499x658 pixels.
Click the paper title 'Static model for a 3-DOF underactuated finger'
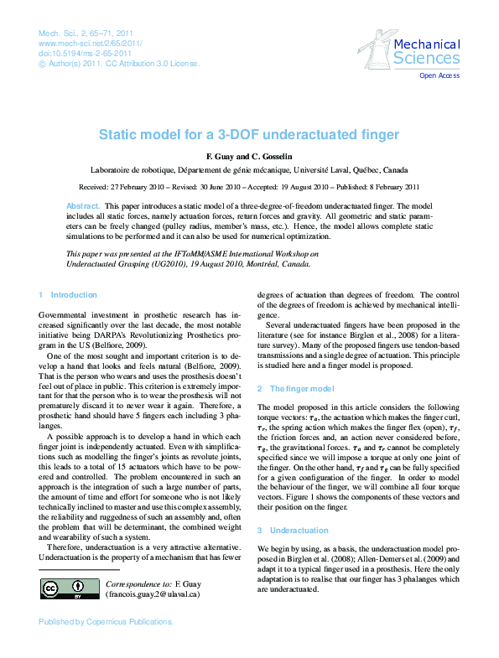tap(249, 133)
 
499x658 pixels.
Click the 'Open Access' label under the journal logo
tap(439, 75)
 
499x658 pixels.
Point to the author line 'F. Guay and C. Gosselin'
tap(249, 157)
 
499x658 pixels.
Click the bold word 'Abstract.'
tap(83, 205)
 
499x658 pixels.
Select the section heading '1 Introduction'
tap(68, 295)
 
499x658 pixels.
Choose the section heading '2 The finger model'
tap(295, 389)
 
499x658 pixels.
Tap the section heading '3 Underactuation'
tap(293, 530)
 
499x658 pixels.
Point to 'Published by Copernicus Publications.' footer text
tap(107, 622)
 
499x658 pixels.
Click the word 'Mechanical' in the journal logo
tap(426, 44)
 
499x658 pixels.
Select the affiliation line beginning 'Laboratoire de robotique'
tap(249, 168)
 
